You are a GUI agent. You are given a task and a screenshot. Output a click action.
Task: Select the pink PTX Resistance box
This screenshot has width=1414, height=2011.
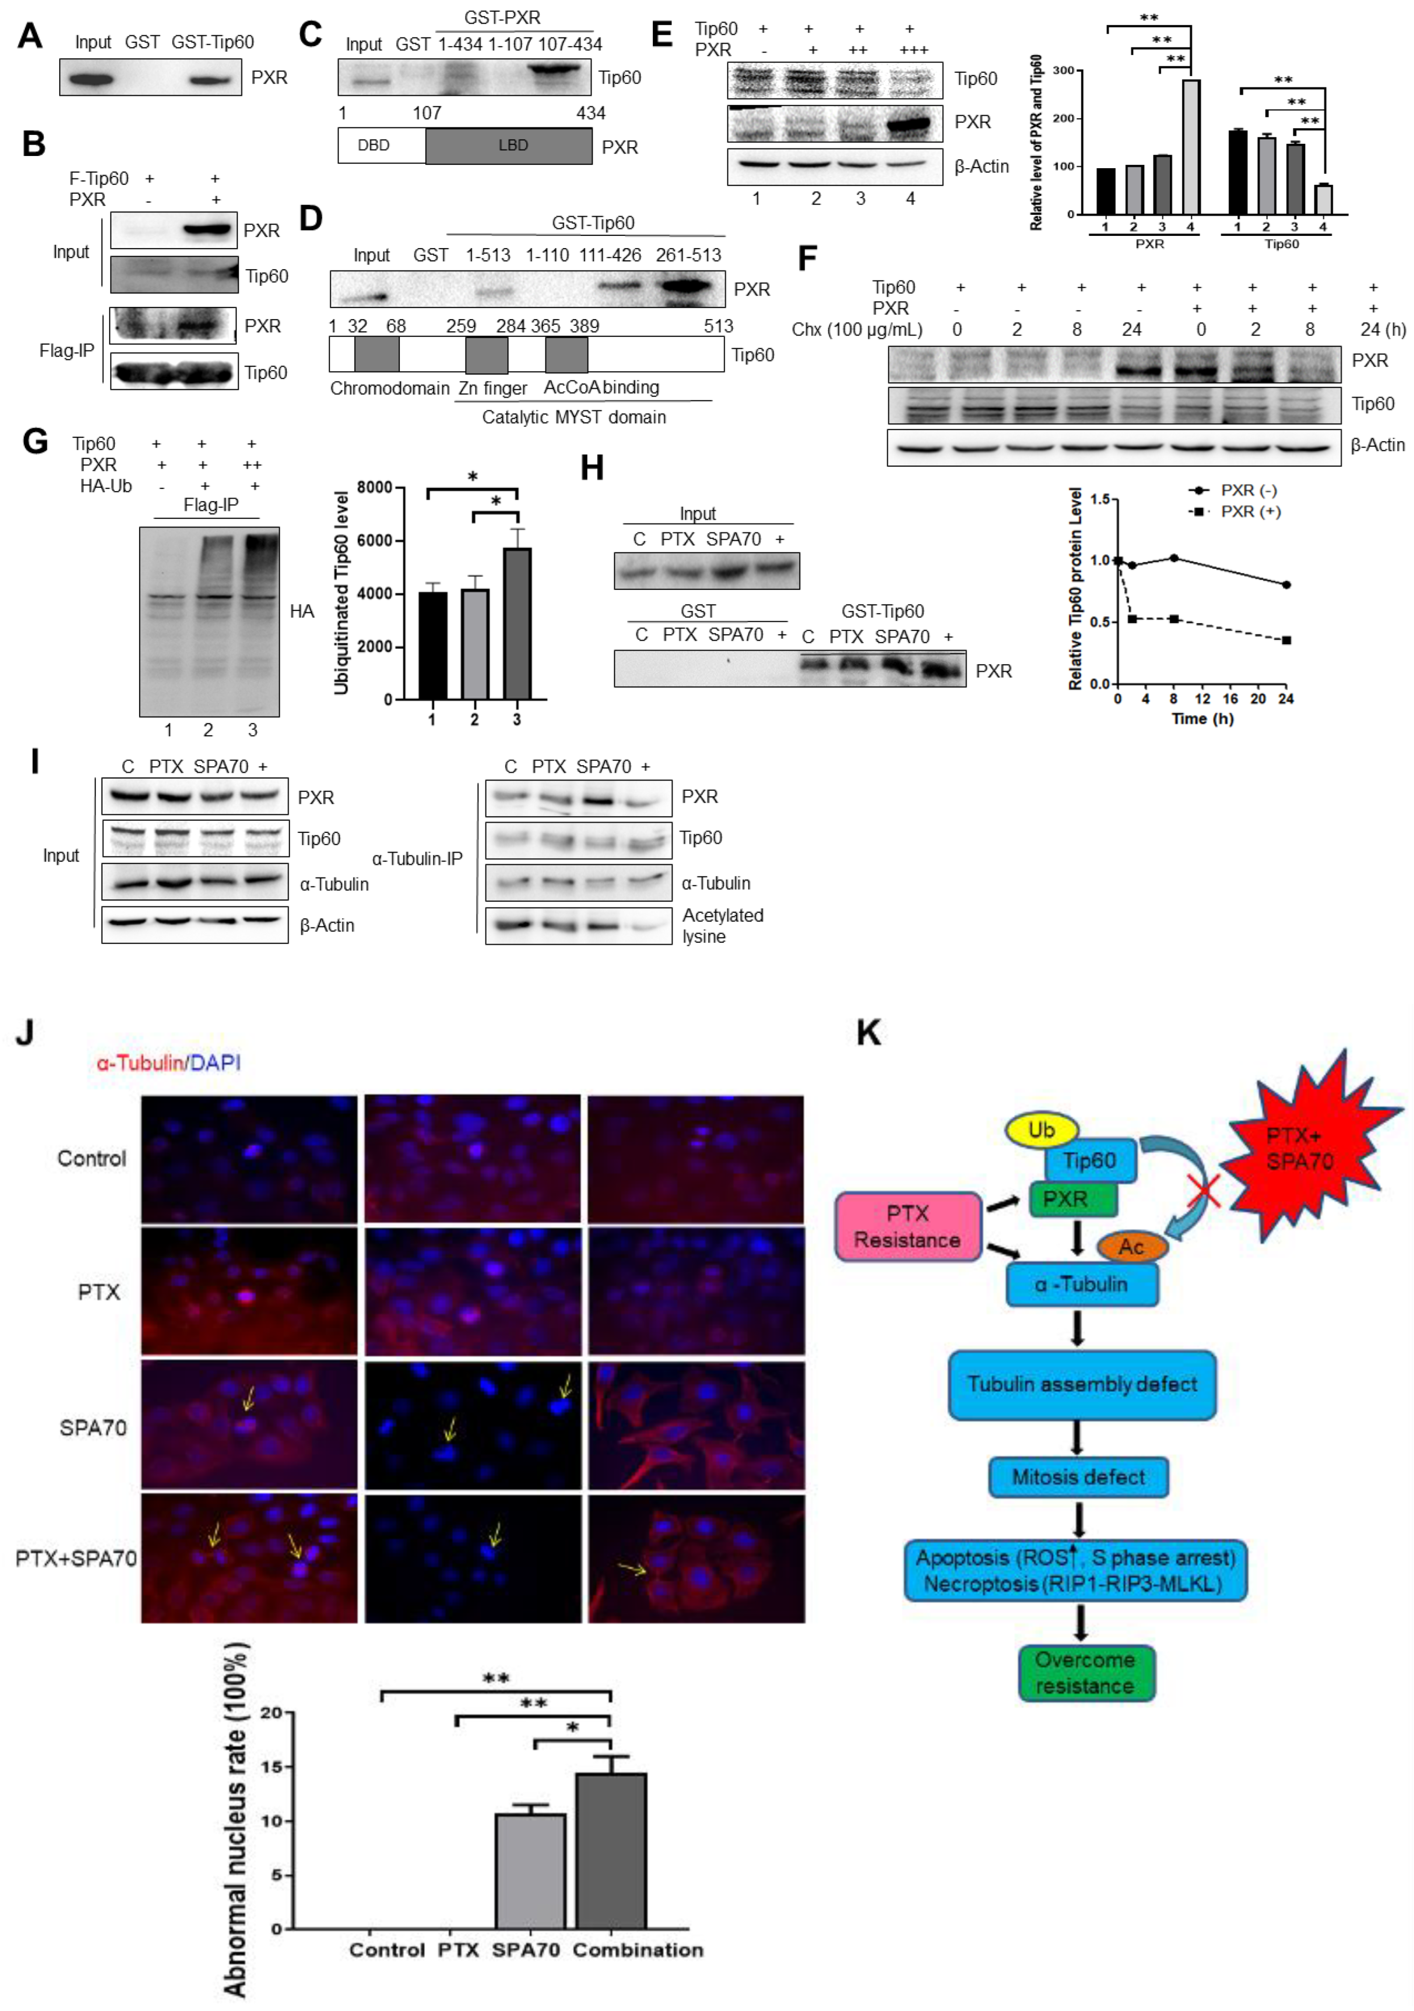(x=907, y=1226)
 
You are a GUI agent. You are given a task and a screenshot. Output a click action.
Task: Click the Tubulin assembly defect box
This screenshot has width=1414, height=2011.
(x=1082, y=1384)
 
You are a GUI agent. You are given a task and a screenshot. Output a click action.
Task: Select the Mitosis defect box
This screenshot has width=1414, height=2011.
(x=1078, y=1477)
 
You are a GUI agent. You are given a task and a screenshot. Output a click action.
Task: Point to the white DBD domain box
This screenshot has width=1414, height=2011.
(x=381, y=145)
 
